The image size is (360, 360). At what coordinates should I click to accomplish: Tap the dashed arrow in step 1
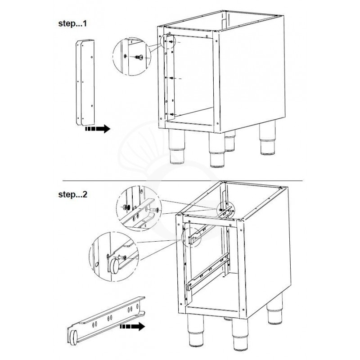[x=97, y=129]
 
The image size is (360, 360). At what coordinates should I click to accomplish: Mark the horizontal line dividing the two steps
[x=180, y=181]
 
